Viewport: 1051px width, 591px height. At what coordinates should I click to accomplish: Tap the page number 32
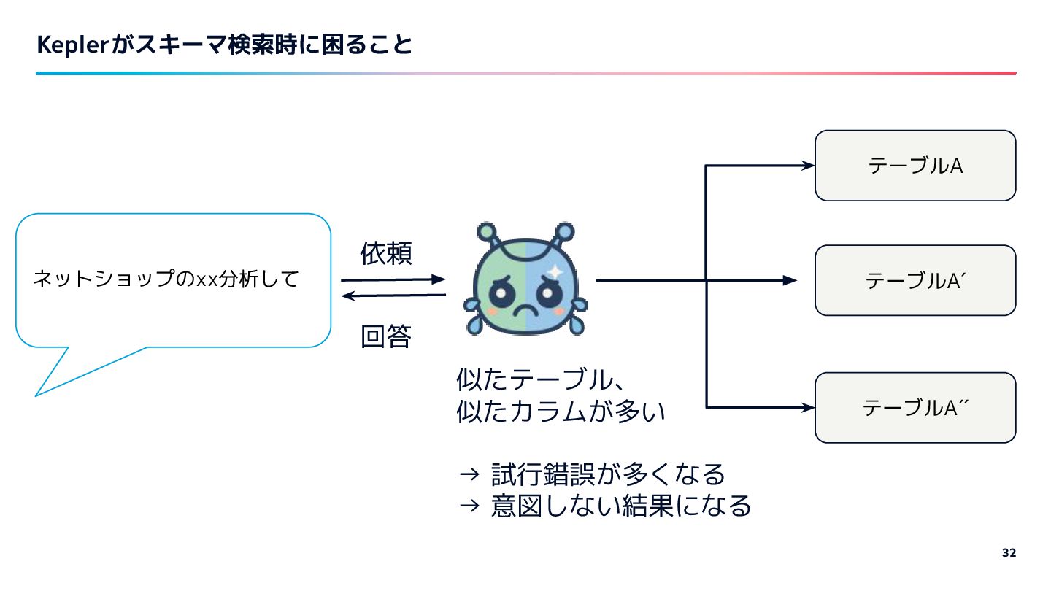click(1009, 552)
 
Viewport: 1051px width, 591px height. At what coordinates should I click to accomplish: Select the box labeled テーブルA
click(915, 166)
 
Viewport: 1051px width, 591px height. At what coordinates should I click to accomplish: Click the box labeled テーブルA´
click(915, 280)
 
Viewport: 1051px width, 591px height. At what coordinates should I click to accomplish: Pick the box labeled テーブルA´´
click(915, 407)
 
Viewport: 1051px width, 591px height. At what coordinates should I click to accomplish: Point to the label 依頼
click(386, 253)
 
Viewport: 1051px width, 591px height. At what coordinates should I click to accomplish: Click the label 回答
click(386, 336)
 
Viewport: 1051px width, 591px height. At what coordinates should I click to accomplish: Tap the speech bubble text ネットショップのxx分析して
click(166, 279)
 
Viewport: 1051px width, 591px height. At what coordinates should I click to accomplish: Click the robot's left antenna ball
click(487, 232)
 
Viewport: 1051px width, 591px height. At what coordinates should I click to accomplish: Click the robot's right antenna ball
click(565, 232)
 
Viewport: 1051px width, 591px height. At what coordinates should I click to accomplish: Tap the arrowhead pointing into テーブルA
click(807, 166)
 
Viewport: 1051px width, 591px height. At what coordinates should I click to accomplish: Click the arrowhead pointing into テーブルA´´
click(807, 406)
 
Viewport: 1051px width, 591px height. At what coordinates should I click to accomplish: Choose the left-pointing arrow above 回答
click(394, 295)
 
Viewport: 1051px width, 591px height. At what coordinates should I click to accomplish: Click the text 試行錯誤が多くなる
click(608, 474)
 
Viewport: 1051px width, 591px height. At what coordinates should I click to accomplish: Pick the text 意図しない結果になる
click(620, 505)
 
